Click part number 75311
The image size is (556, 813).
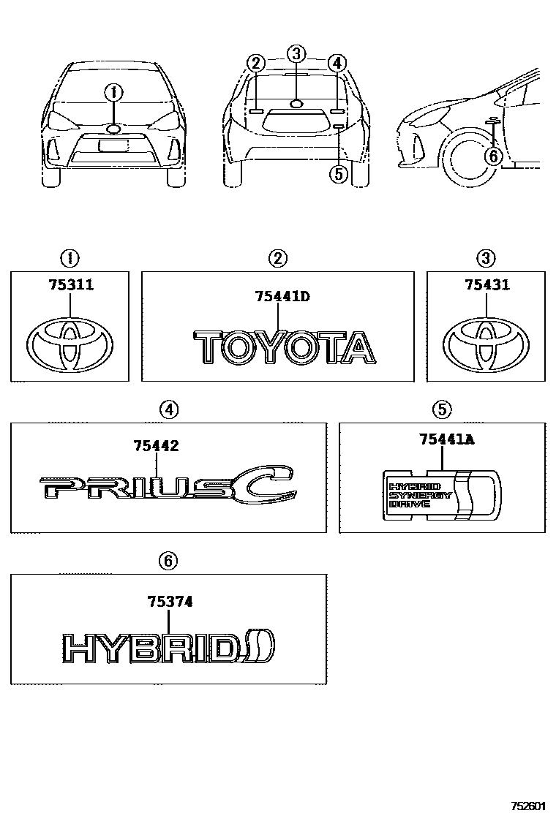click(x=70, y=286)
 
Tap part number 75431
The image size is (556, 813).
click(x=487, y=286)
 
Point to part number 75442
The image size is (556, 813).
click(x=157, y=446)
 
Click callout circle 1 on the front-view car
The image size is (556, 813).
click(x=113, y=93)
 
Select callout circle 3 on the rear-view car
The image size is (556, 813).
click(x=296, y=53)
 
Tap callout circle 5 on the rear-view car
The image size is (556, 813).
click(x=338, y=173)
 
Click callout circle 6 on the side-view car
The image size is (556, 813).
click(x=493, y=155)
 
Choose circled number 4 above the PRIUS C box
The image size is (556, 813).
click(x=168, y=410)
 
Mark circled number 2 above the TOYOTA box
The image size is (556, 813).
click(x=277, y=257)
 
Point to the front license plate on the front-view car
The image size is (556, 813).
click(x=113, y=145)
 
